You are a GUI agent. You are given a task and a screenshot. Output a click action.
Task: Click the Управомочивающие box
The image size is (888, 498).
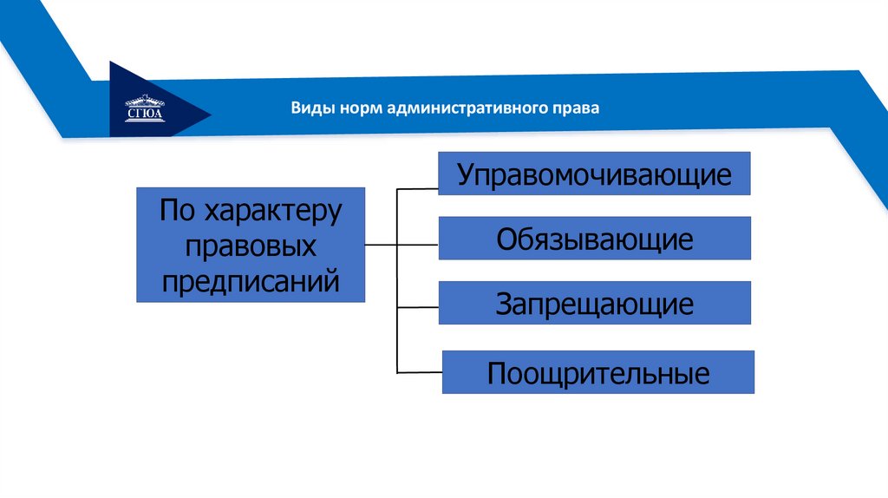pos(594,174)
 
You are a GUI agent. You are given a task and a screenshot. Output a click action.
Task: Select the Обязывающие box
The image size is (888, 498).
pos(594,239)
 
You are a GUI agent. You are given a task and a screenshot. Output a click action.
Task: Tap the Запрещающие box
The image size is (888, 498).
pos(594,303)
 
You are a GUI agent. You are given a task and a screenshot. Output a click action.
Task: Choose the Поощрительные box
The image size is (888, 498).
pos(598,372)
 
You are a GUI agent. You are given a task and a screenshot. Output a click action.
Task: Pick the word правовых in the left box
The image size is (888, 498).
pos(251,246)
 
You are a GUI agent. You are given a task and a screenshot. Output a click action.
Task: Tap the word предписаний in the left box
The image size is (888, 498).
pos(251,280)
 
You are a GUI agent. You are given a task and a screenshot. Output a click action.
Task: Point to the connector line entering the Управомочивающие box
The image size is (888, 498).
pos(417,187)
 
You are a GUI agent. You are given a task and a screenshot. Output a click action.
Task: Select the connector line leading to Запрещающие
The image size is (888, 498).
pos(417,307)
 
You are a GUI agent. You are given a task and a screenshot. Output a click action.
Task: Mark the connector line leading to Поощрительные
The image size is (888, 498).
pos(420,372)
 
